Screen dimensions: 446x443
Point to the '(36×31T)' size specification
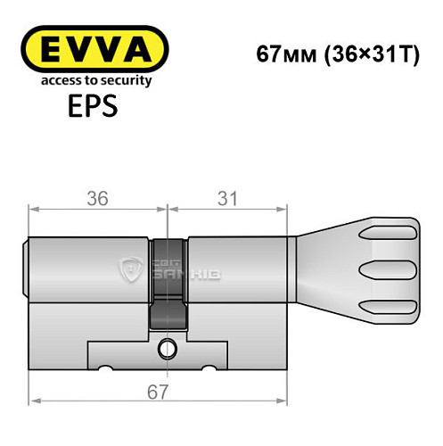(x=368, y=53)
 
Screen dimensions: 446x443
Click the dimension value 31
(x=229, y=199)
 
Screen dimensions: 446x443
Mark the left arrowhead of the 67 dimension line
(x=35, y=403)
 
